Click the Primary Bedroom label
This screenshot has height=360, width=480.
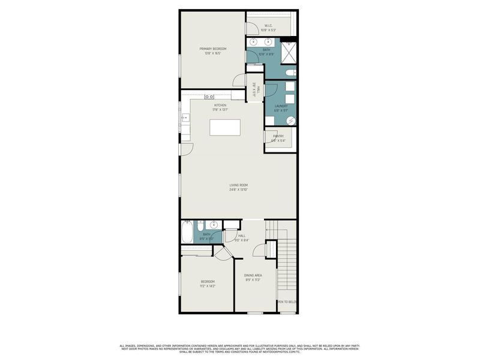pos(213,50)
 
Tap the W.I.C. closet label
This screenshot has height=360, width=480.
pos(269,26)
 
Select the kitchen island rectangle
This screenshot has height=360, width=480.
pos(224,128)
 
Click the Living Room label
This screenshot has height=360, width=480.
pos(238,187)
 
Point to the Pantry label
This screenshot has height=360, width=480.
pos(278,139)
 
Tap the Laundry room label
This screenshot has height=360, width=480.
pos(281,108)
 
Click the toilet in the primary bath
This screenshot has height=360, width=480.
pos(290,73)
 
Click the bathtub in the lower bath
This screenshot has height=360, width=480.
pos(187,232)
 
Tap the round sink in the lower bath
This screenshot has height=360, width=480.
pos(214,226)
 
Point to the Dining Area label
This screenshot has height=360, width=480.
pos(253,277)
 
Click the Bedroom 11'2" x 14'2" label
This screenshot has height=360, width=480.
pos(208,284)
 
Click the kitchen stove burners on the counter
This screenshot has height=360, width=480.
pos(209,96)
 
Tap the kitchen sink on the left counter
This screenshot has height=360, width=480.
pos(185,118)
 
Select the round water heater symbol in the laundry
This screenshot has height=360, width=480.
pos(290,120)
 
